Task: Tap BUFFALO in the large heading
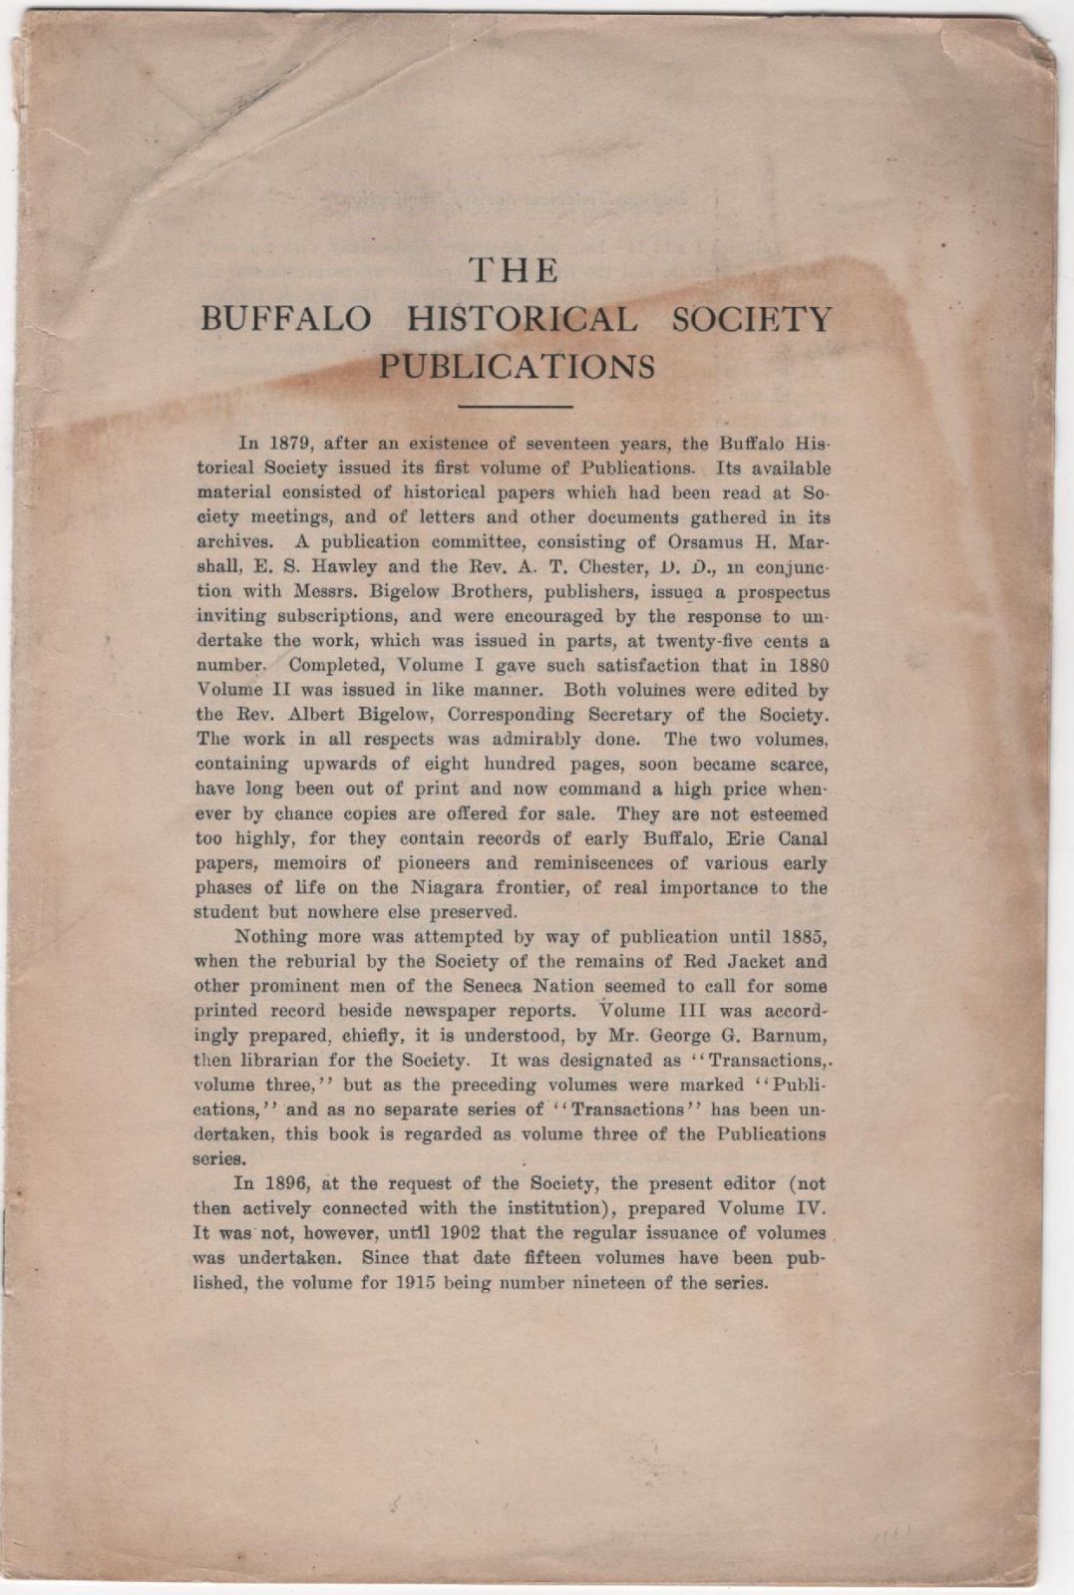pyautogui.click(x=287, y=319)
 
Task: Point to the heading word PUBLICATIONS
pyautogui.click(x=516, y=367)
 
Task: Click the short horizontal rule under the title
pyautogui.click(x=515, y=407)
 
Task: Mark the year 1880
pyautogui.click(x=807, y=665)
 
